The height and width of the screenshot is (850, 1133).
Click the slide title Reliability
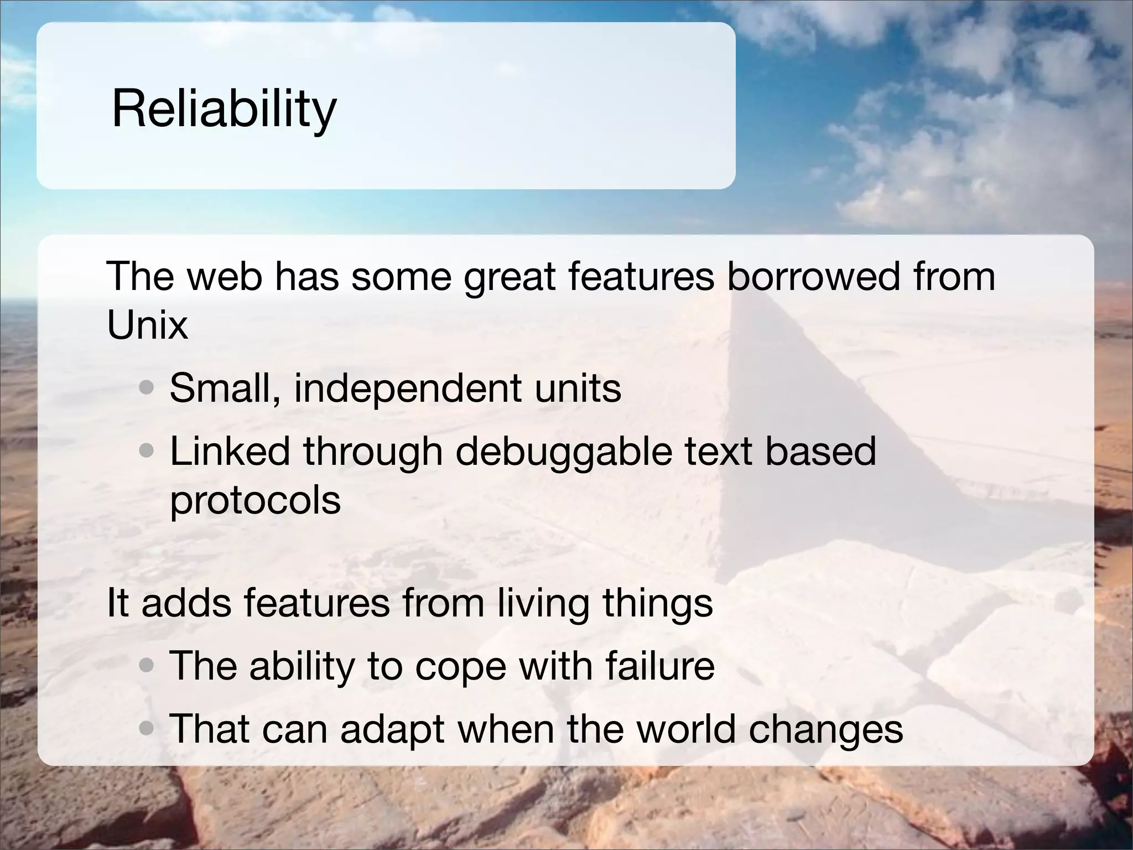coord(224,109)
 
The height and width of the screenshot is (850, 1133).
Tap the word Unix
coord(147,325)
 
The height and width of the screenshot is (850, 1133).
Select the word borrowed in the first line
coord(813,276)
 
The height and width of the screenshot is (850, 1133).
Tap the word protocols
coord(255,501)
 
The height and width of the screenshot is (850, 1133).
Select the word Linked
coord(230,451)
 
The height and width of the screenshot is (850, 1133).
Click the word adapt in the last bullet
coord(392,729)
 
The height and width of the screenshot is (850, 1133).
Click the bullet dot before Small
coord(147,388)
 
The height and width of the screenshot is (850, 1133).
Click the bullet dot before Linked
coord(147,452)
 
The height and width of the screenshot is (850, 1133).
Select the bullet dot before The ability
coord(147,666)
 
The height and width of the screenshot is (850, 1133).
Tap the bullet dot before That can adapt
coord(147,729)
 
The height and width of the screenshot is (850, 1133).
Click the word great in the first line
coord(510,276)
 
